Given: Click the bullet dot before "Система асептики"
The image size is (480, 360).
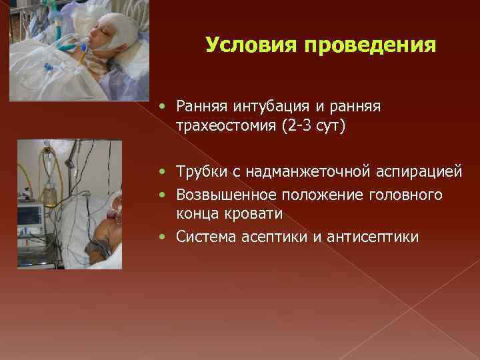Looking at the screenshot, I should tap(165, 237).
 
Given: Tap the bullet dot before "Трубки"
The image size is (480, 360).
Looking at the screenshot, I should tap(165, 173).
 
